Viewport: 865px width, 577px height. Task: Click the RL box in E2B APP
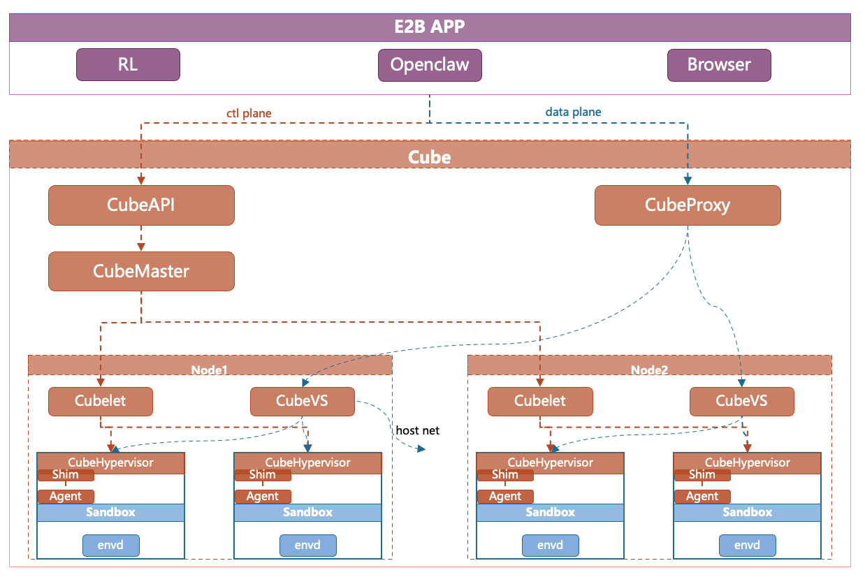[128, 65]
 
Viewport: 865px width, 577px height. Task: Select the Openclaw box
[430, 65]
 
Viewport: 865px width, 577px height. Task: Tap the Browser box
[719, 65]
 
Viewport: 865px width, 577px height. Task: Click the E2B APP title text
[429, 28]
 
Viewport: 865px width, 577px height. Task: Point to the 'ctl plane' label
[249, 112]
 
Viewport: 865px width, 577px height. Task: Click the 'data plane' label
[573, 112]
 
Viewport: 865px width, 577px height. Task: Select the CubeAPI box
[141, 205]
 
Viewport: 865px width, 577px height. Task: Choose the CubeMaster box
[141, 271]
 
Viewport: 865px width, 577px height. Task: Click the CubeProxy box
[688, 205]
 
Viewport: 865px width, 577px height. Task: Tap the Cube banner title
[429, 156]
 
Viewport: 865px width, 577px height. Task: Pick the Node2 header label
[650, 370]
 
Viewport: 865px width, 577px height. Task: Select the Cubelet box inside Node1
[101, 401]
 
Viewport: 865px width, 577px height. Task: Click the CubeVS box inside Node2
[741, 401]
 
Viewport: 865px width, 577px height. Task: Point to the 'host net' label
[417, 430]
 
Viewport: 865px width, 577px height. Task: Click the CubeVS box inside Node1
[302, 401]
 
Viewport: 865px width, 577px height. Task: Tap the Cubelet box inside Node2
[540, 401]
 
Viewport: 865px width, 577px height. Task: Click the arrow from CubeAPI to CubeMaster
[141, 238]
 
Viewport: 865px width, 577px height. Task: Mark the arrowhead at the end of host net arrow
[421, 450]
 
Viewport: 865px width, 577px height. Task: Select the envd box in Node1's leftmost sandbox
[111, 545]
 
